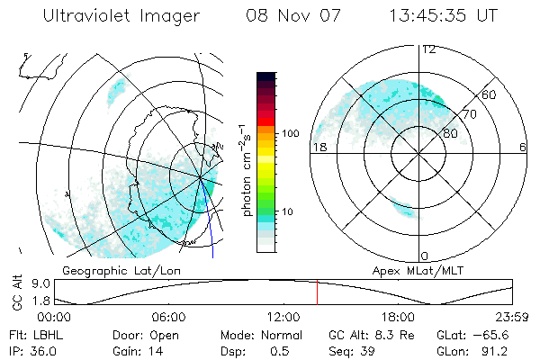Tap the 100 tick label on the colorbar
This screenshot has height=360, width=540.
(290, 133)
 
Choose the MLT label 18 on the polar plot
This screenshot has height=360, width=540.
(318, 147)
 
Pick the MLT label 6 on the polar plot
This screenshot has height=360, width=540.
(523, 147)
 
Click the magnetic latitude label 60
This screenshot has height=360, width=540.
(489, 94)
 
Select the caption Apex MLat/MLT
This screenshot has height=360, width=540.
(409, 270)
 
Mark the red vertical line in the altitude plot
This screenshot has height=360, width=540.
(317, 293)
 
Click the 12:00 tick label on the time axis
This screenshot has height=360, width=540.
(283, 318)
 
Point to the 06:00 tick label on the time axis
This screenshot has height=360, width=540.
(169, 318)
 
